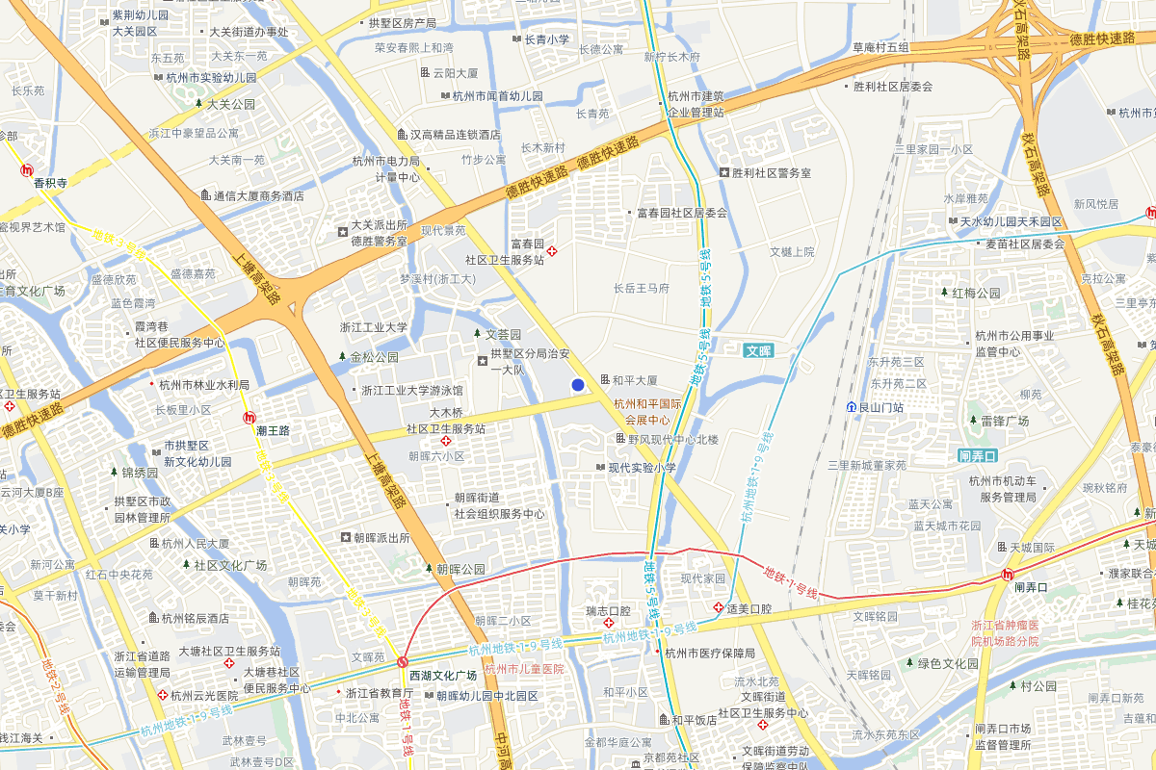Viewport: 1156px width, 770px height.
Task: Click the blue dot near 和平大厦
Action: click(x=578, y=385)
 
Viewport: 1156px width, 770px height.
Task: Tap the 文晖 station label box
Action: click(x=759, y=351)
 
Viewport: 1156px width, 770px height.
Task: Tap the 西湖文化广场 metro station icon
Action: click(x=403, y=662)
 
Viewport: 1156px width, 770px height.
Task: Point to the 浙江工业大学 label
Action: click(x=374, y=327)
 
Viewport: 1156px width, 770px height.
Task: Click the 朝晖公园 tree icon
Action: click(x=430, y=569)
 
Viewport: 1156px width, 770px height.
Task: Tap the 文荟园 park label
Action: click(x=501, y=334)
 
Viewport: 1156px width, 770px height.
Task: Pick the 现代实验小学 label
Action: click(x=642, y=468)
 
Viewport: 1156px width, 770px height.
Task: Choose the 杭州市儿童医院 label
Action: click(x=524, y=669)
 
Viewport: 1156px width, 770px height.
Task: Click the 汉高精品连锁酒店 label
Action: click(x=455, y=134)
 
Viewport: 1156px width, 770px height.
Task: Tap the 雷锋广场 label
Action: click(x=1005, y=421)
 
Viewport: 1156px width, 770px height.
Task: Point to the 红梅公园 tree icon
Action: click(x=944, y=293)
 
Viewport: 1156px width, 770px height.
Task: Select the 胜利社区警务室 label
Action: click(x=772, y=173)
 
